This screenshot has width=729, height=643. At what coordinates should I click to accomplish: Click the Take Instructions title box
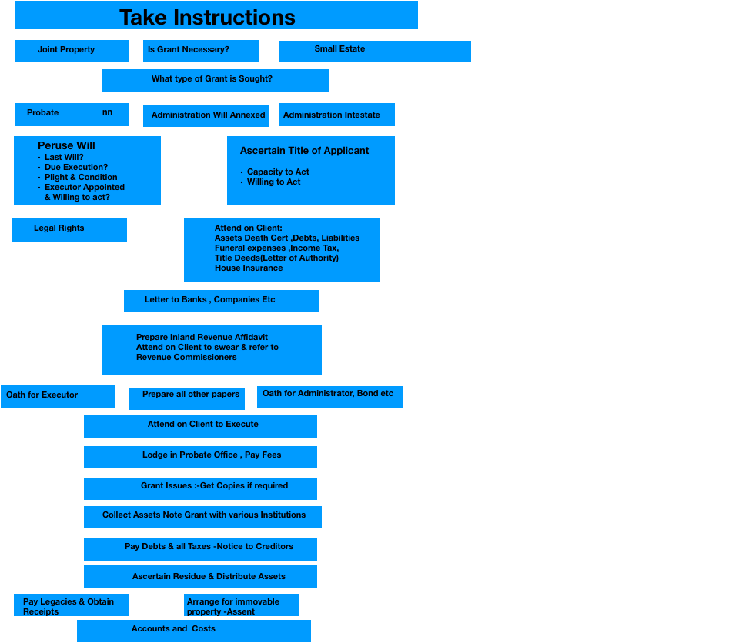pos(216,15)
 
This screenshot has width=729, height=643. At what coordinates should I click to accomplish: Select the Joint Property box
pos(72,51)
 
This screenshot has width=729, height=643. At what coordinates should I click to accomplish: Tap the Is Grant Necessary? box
pos(201,51)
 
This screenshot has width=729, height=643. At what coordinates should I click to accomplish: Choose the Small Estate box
pos(375,51)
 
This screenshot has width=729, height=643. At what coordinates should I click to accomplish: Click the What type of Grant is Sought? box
pos(216,81)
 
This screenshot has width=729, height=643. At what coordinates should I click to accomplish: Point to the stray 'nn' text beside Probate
pos(108,112)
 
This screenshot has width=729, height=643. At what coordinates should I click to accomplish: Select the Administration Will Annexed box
pos(206,115)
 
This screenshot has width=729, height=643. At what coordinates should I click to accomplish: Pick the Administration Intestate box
pos(337,115)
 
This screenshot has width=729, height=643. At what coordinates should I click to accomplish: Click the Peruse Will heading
pos(66,145)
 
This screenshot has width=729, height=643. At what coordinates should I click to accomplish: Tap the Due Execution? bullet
pos(76,167)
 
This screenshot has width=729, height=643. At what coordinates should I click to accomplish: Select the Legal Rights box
pos(70,230)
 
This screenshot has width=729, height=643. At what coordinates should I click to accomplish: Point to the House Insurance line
pos(249,268)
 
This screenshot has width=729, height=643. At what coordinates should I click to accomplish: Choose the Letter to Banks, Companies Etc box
pos(222,301)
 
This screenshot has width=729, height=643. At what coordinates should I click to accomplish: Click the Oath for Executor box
pos(58,396)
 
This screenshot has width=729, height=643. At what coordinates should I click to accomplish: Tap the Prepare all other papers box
pos(187,398)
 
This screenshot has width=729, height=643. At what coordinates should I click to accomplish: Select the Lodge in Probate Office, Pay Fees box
pos(200,457)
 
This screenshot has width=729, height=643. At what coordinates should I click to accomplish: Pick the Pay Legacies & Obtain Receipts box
pos(71,605)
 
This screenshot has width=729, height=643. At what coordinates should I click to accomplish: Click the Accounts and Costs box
pos(194,631)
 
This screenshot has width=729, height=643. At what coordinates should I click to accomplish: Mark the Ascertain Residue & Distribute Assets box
pos(200,577)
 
